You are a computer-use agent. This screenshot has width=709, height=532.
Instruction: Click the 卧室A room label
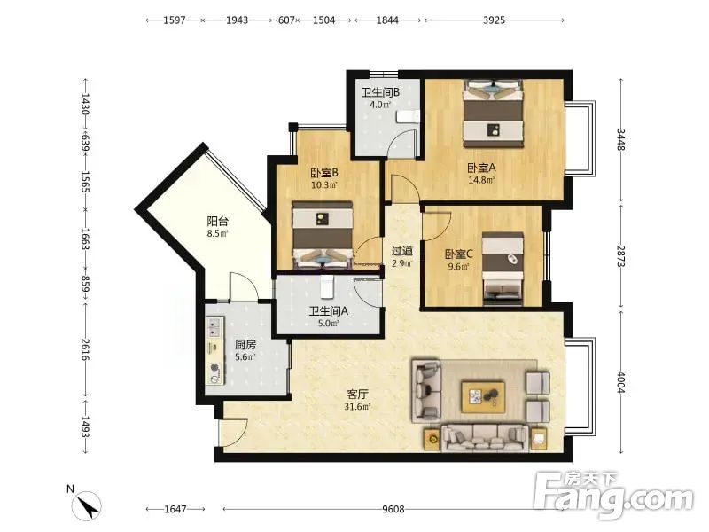click(481, 168)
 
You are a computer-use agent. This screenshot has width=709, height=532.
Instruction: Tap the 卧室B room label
click(324, 173)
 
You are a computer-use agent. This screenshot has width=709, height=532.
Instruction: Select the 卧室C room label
click(458, 254)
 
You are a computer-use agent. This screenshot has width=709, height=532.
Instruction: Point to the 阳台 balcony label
click(217, 221)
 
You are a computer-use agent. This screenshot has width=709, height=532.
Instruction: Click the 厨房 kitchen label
click(245, 345)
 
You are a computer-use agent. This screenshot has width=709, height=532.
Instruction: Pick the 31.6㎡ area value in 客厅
click(357, 407)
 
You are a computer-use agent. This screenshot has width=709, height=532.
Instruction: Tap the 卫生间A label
click(329, 311)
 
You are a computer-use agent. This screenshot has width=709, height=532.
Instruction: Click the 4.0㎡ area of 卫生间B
click(380, 105)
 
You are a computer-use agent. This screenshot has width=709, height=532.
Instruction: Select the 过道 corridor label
click(402, 251)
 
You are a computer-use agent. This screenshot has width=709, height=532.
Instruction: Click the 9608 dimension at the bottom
click(393, 509)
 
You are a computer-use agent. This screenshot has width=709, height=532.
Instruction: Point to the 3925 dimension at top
click(494, 20)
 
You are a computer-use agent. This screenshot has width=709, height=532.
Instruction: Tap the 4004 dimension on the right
click(621, 382)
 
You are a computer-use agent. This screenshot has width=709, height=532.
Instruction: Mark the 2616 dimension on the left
click(85, 349)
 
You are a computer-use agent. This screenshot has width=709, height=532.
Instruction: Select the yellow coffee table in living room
click(483, 396)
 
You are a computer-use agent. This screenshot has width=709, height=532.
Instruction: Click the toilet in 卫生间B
click(408, 116)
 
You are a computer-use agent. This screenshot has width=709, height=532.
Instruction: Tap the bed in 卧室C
click(503, 269)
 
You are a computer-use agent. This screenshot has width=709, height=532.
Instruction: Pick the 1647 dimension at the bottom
click(175, 509)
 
